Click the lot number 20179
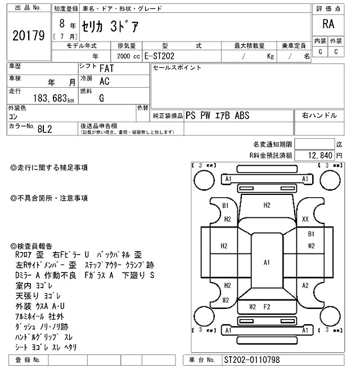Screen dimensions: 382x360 28,36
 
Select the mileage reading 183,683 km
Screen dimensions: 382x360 50,98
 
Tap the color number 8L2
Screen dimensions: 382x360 45,129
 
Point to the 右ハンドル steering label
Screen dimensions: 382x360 319,115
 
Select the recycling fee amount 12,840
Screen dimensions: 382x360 319,154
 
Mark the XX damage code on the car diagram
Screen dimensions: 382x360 305,219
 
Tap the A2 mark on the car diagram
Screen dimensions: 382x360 305,285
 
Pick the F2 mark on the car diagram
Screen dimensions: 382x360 267,306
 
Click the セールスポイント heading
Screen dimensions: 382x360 177,68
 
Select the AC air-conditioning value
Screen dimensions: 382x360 104,81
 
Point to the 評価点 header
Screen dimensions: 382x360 328,8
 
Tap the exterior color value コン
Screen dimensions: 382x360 12,116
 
